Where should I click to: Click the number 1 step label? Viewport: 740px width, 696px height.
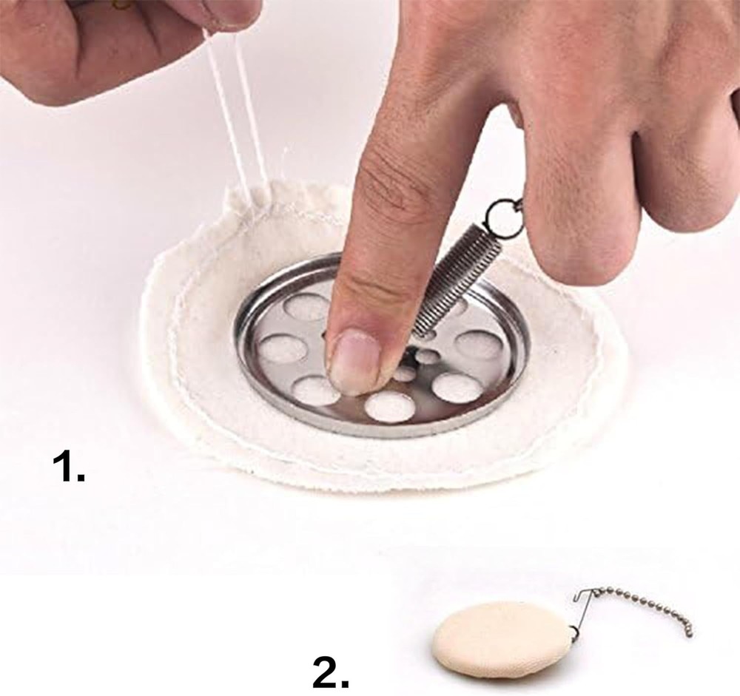[x=69, y=467]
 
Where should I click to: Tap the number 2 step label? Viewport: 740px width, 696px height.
[x=331, y=672]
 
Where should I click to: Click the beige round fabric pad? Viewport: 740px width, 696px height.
[x=502, y=638]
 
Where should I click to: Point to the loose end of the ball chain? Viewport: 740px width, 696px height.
[x=689, y=632]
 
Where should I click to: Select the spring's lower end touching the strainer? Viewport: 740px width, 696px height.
[x=422, y=331]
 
